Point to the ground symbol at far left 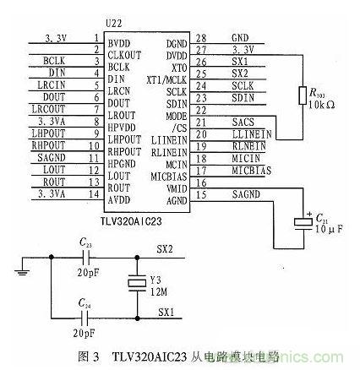19,271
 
